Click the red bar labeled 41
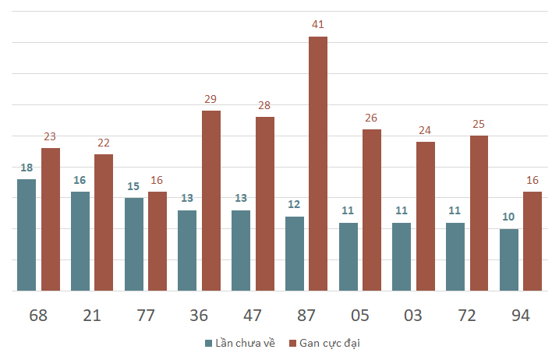pyautogui.click(x=318, y=164)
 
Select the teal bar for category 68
pyautogui.click(x=27, y=235)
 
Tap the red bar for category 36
pyautogui.click(x=211, y=201)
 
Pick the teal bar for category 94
pyautogui.click(x=509, y=259)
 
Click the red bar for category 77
pyautogui.click(x=157, y=242)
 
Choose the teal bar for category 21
pyautogui.click(x=80, y=242)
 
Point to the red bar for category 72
pyautogui.click(x=479, y=214)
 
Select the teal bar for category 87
pyautogui.click(x=295, y=254)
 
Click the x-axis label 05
pyautogui.click(x=359, y=316)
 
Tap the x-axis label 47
pyautogui.click(x=253, y=316)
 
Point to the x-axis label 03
pyautogui.click(x=413, y=316)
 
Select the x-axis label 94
pyautogui.click(x=521, y=316)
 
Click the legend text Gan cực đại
pyautogui.click(x=330, y=344)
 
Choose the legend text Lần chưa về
pyautogui.click(x=245, y=343)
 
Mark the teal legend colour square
pyautogui.click(x=209, y=344)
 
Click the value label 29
pyautogui.click(x=211, y=99)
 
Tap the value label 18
pyautogui.click(x=27, y=168)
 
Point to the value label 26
pyautogui.click(x=371, y=118)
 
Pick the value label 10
pyautogui.click(x=508, y=217)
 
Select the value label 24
pyautogui.click(x=425, y=130)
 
